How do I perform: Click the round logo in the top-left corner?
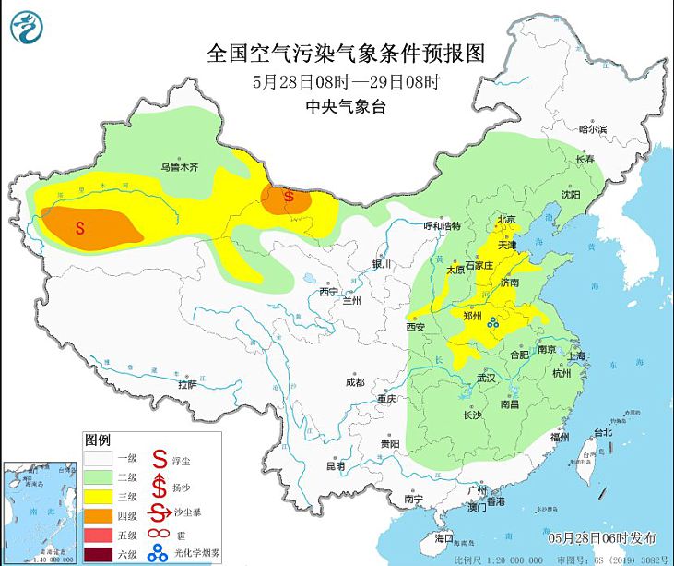coord(27,27)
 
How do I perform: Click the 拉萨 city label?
coord(187,384)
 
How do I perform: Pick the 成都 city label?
coord(354,382)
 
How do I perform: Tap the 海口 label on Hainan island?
coord(443,536)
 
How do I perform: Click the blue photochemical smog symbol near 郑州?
coord(493,322)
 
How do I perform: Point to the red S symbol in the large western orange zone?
coord(80,225)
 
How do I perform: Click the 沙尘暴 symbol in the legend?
coord(159,514)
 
